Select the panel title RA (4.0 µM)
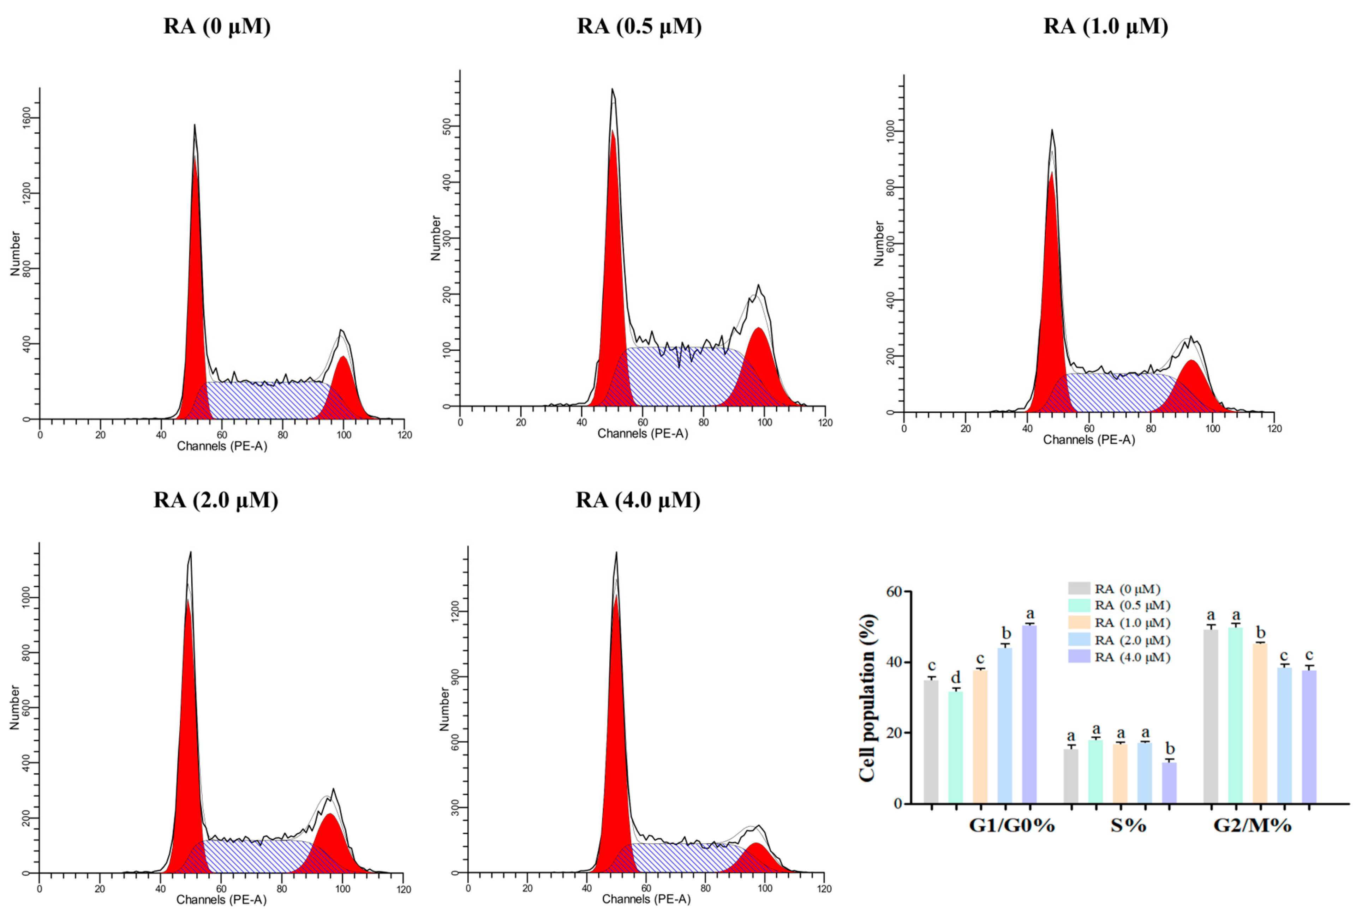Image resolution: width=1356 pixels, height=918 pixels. tap(638, 500)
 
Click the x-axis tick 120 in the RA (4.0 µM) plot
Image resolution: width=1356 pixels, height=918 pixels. tap(824, 888)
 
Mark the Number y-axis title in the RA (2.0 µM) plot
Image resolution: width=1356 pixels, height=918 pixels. tap(14, 707)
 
